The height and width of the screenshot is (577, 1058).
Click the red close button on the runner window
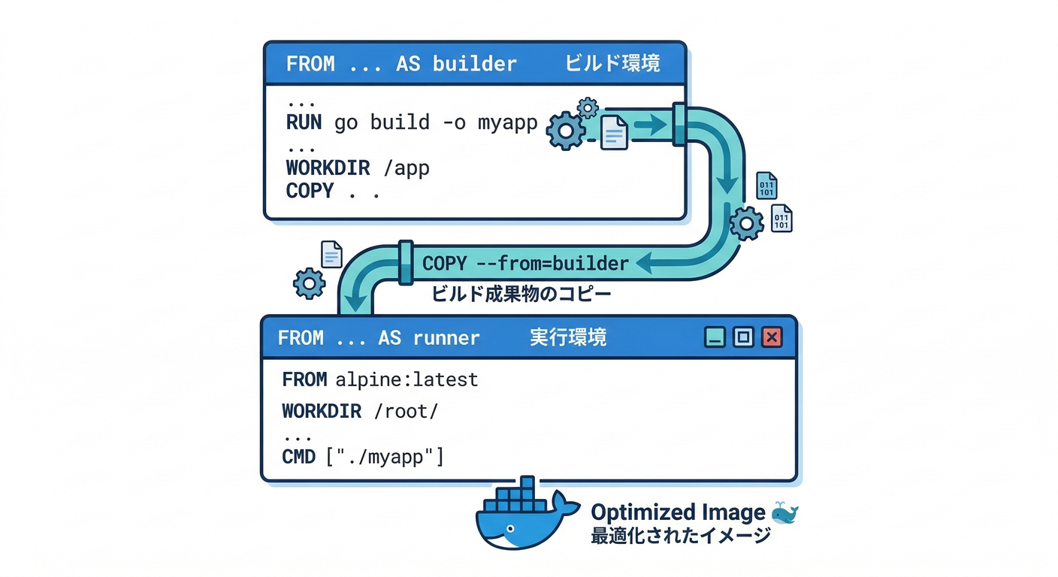coord(772,337)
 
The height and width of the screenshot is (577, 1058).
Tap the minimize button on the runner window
coord(715,337)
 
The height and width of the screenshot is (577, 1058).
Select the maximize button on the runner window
coord(743,337)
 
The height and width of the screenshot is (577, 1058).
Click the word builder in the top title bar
coord(475,64)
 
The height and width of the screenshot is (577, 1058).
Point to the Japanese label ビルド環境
coord(612,64)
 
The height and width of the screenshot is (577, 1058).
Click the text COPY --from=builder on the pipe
coord(525,264)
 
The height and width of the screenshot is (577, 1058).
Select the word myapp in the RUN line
coord(507,122)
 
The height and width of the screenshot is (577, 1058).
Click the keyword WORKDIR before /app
coord(328,168)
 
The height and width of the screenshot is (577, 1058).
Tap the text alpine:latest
coord(407,379)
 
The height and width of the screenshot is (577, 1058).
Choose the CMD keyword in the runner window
coord(298,456)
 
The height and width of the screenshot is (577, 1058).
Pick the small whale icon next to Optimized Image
coord(784,513)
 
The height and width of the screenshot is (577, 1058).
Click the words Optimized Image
coord(678,513)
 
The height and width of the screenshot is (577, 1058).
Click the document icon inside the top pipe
coord(614,132)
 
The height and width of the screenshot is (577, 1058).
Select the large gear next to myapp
coord(565,131)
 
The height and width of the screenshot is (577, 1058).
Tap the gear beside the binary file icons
coord(746,223)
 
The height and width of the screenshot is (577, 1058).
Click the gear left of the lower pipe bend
coord(309,283)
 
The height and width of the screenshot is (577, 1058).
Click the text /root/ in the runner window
coord(410,411)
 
